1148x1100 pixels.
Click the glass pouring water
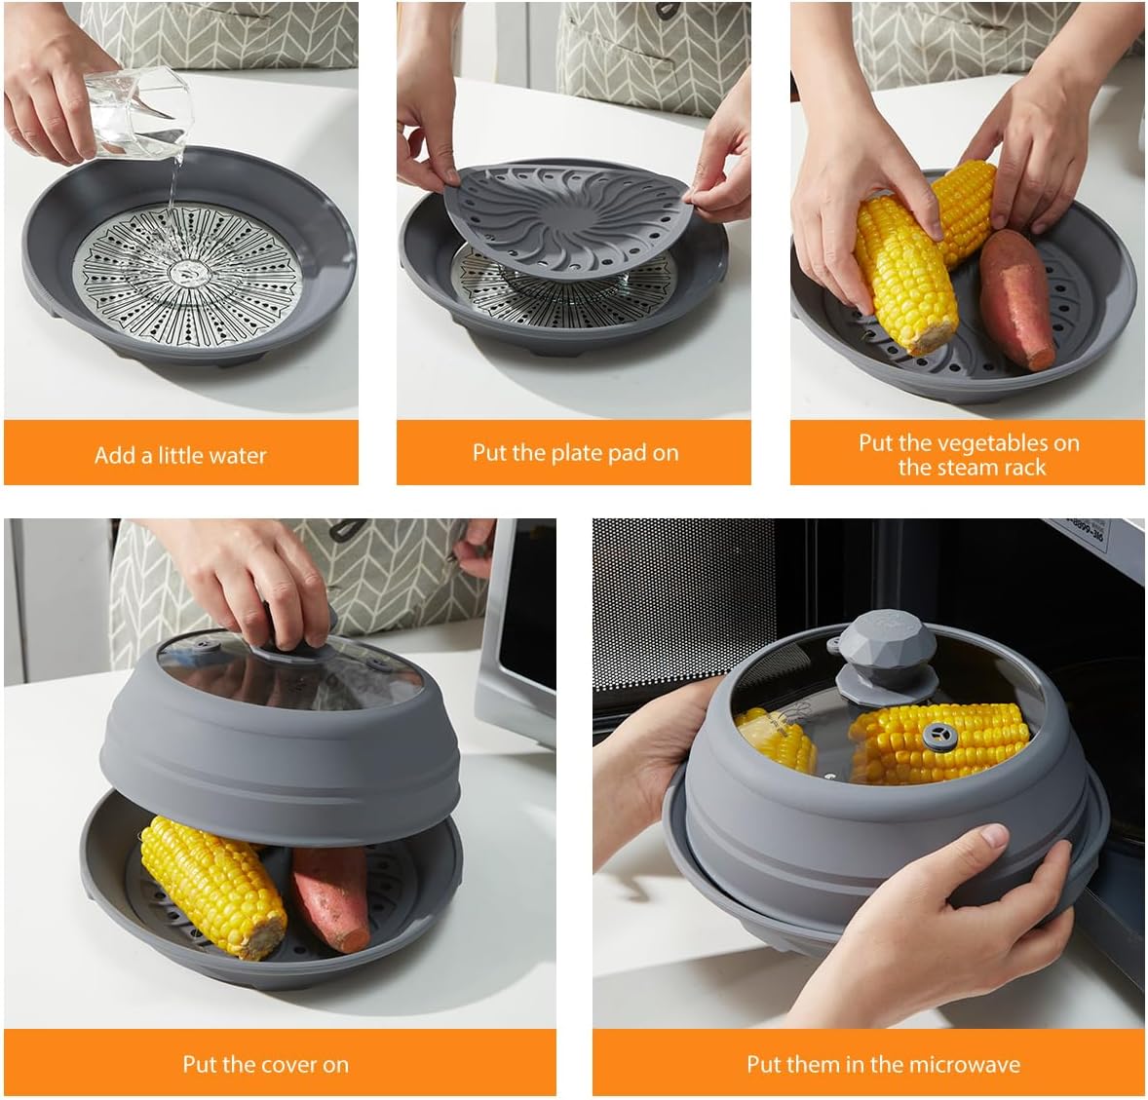139,113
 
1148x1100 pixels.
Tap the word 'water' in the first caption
237,456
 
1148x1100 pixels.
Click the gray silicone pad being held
567,223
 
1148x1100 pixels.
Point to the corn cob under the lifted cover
213,887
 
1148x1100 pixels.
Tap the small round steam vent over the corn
938,735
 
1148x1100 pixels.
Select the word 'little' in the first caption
180,456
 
